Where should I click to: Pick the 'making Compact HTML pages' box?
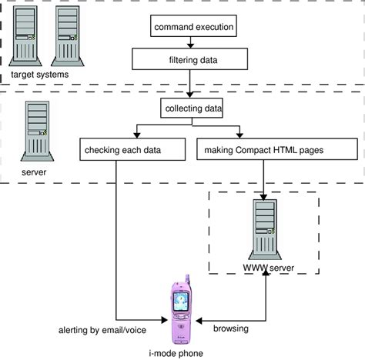265,147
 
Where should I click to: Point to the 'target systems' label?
39,74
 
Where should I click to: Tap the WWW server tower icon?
264,223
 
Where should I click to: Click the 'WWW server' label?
264,268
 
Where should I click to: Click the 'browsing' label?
230,329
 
